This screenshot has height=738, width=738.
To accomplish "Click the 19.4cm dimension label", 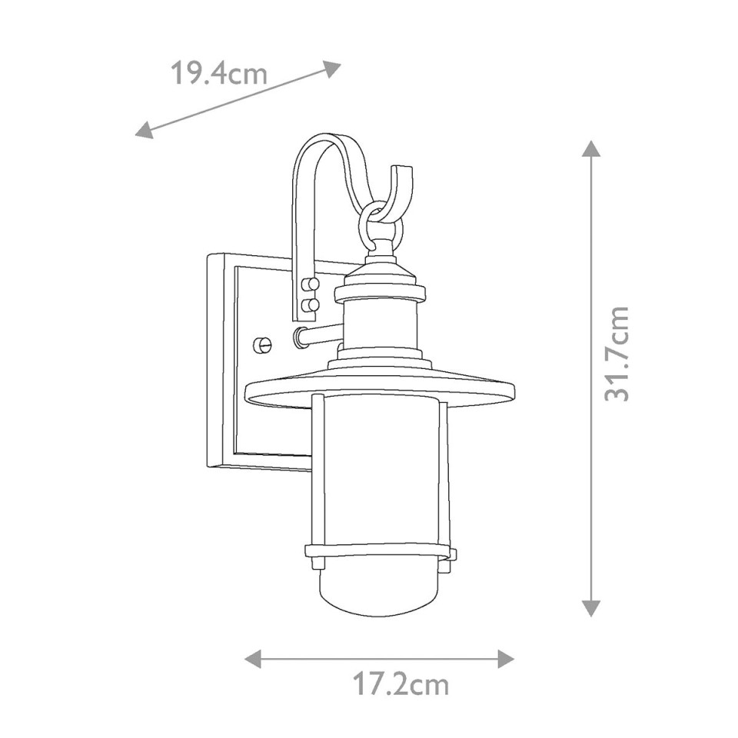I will (x=218, y=75).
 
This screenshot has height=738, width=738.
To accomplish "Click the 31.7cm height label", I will (x=617, y=354).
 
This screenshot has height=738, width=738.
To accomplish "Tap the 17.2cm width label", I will (x=401, y=683).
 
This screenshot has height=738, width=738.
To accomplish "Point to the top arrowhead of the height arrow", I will (x=590, y=149).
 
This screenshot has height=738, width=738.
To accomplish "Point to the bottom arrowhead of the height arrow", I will (x=590, y=607).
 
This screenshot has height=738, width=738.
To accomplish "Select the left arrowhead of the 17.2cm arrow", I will (x=254, y=659).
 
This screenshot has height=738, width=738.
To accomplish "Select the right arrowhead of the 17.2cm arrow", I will (x=506, y=659).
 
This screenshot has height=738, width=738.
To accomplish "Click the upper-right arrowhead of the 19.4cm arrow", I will (x=331, y=69).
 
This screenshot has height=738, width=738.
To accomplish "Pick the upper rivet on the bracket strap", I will (x=311, y=285).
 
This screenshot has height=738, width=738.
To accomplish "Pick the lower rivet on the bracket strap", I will (x=311, y=305).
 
